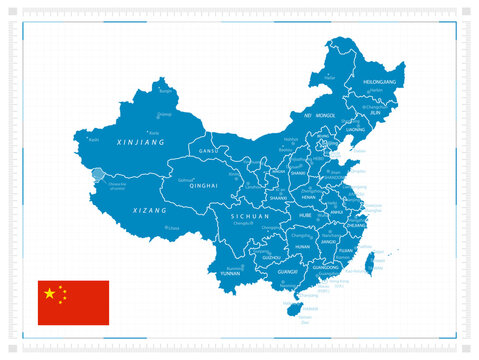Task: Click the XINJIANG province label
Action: click(140, 144)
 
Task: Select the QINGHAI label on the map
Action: click(203, 186)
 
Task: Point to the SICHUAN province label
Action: click(249, 216)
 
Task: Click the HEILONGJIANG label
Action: click(385, 81)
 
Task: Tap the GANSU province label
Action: click(208, 150)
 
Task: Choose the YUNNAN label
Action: click(232, 275)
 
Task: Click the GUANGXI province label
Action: click(287, 271)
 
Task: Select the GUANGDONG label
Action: click(327, 267)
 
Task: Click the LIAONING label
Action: click(356, 129)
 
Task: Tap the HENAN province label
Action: click(308, 197)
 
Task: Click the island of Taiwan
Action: click(369, 264)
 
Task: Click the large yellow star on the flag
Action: click(49, 293)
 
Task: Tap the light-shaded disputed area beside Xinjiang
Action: click(97, 177)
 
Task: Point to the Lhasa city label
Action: click(173, 228)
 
